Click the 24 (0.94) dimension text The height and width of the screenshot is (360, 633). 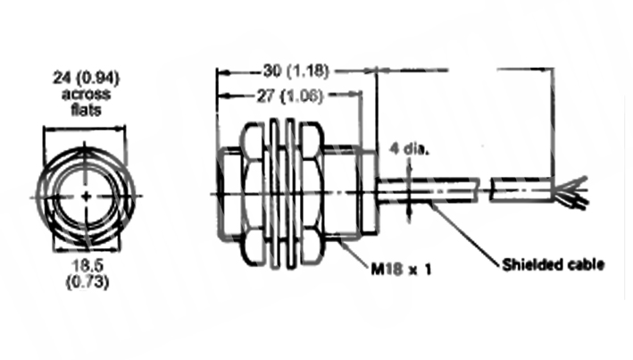[x=86, y=78]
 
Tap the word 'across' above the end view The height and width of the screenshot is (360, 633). [x=86, y=94]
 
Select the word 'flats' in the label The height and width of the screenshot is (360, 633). [x=86, y=110]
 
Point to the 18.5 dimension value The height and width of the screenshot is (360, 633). [x=87, y=265]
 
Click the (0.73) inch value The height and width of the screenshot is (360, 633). [x=87, y=281]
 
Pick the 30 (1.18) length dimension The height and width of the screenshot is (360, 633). [x=296, y=71]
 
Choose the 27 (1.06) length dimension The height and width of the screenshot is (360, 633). [x=290, y=96]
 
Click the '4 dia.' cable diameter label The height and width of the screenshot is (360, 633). [x=409, y=148]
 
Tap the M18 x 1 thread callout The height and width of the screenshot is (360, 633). [x=401, y=269]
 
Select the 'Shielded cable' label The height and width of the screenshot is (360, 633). [x=553, y=264]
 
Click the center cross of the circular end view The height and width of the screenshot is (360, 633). [x=86, y=197]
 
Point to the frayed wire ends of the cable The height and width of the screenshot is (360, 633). [x=570, y=192]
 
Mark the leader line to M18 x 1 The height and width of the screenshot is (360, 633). [x=353, y=253]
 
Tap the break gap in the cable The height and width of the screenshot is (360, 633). [x=485, y=189]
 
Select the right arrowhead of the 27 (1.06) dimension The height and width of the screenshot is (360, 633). [x=355, y=95]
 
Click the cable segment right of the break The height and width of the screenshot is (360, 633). [x=521, y=189]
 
